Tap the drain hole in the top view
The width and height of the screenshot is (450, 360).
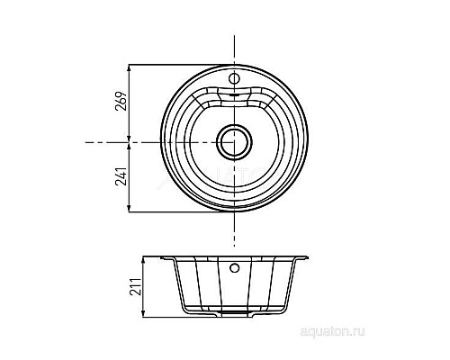(x=234, y=140)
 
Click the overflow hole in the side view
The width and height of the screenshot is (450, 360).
(x=234, y=267)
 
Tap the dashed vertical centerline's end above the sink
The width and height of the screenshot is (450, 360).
(x=234, y=36)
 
